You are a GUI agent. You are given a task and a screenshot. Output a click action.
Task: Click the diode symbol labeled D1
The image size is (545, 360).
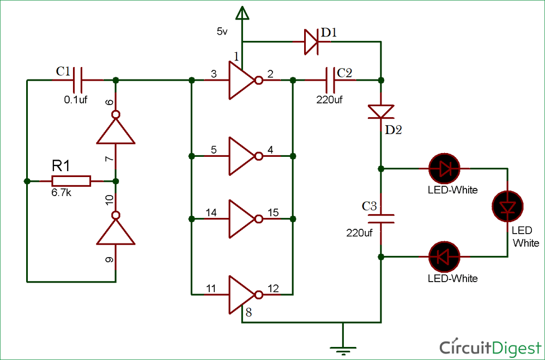coord(311,42)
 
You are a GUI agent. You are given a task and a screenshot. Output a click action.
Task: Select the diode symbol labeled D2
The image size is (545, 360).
coord(381,111)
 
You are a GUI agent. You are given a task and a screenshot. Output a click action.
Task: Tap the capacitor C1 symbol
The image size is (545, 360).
coord(78,80)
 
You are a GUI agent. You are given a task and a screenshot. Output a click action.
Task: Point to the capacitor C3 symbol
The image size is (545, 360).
coord(381,218)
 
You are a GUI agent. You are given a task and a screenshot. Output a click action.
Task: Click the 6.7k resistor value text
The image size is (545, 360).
coord(61,193)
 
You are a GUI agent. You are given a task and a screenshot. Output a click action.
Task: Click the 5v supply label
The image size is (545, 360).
coord(222,32)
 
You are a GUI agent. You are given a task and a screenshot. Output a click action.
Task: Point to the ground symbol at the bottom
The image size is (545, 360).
coord(343,348)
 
